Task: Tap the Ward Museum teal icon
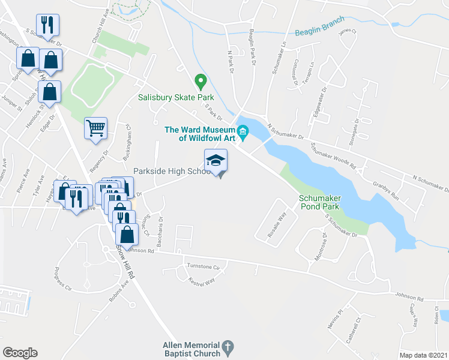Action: point(243,131)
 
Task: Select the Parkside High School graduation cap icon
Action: point(216,161)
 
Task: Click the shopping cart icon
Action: point(96,128)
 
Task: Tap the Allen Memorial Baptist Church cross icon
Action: point(228,347)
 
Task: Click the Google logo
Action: point(20,352)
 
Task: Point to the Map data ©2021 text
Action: point(423,355)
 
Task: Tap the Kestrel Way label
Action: point(201,280)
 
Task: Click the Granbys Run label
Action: point(385,191)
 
